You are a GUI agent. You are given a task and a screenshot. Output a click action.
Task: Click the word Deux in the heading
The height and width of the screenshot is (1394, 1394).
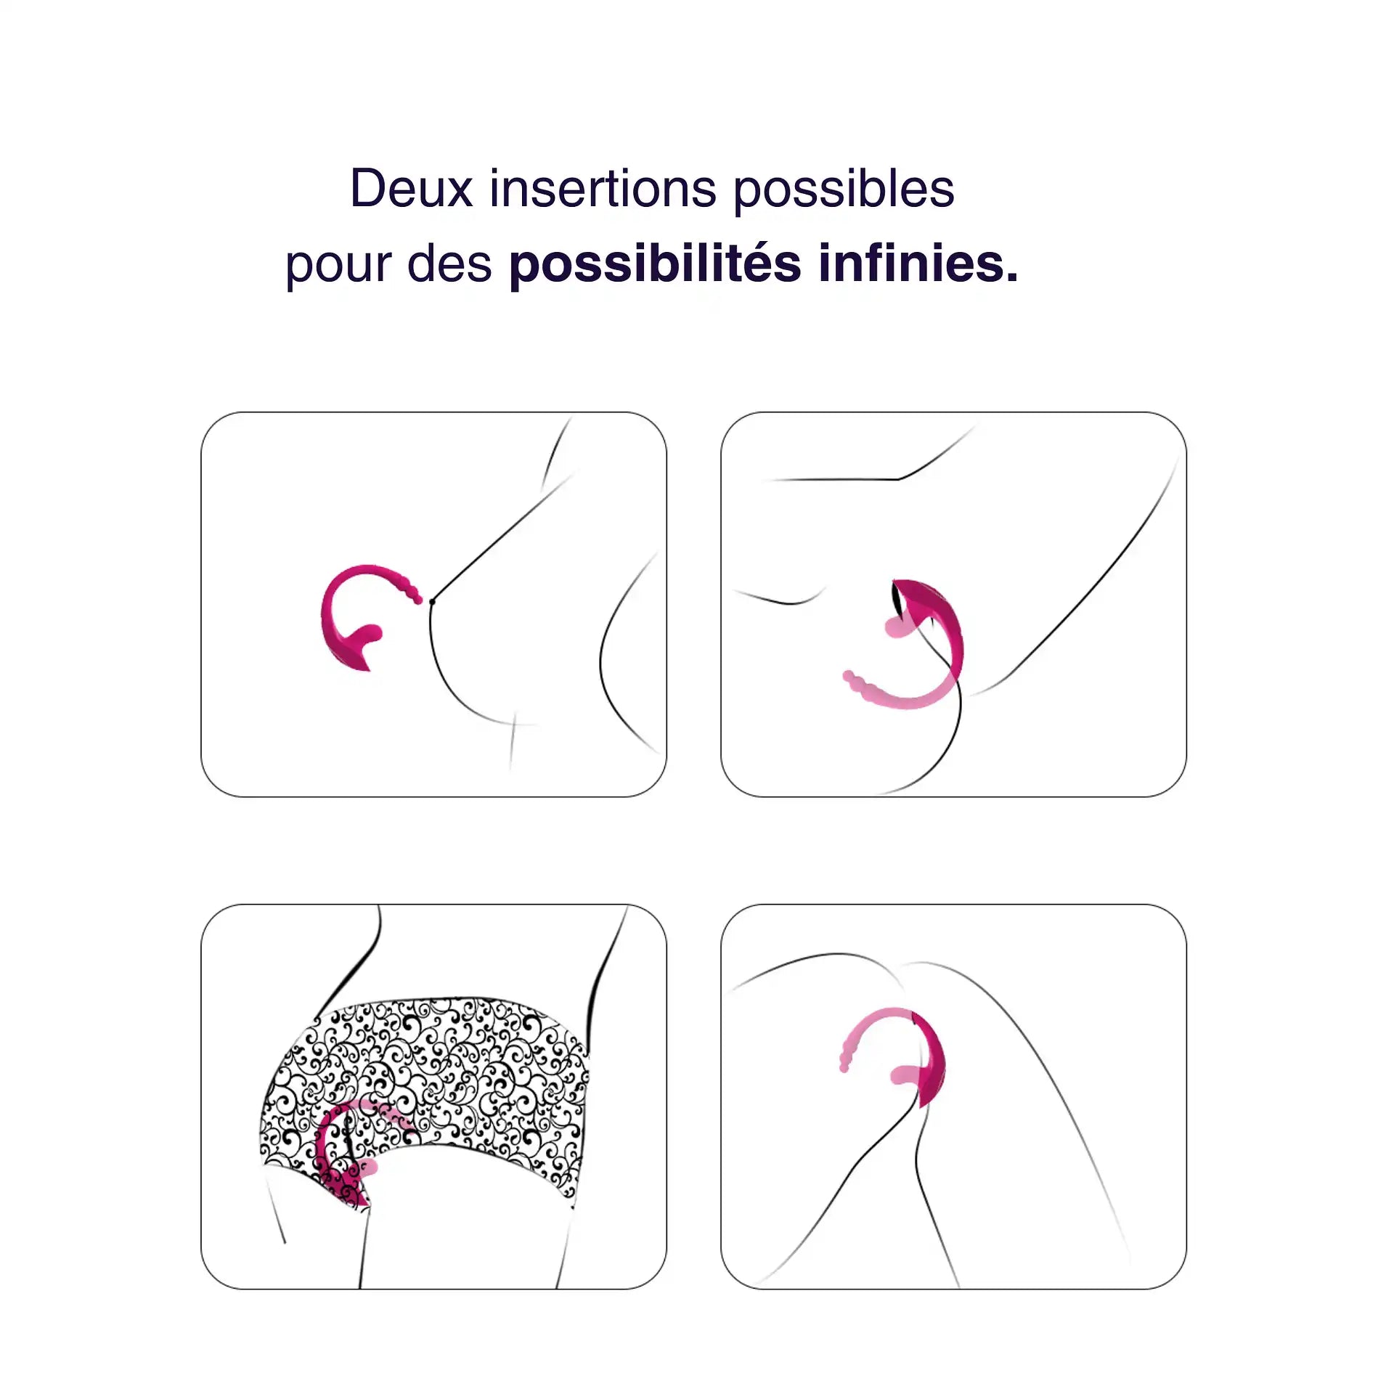pyautogui.click(x=411, y=189)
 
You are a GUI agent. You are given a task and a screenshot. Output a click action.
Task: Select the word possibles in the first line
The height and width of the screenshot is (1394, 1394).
pyautogui.click(x=844, y=190)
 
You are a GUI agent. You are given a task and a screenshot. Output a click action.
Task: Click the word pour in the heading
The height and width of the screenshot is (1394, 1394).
pyautogui.click(x=338, y=264)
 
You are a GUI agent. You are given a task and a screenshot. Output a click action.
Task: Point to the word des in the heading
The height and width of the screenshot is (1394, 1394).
pyautogui.click(x=449, y=263)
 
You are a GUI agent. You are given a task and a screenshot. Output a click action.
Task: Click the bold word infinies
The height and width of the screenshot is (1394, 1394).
pyautogui.click(x=911, y=263)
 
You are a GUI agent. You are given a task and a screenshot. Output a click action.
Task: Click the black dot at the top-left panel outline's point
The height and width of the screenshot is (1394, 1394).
pyautogui.click(x=432, y=601)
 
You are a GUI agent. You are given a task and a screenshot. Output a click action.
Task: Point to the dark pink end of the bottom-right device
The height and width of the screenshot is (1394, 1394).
pyautogui.click(x=933, y=1067)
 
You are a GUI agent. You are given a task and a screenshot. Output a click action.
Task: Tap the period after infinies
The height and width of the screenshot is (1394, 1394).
pyautogui.click(x=1012, y=277)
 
